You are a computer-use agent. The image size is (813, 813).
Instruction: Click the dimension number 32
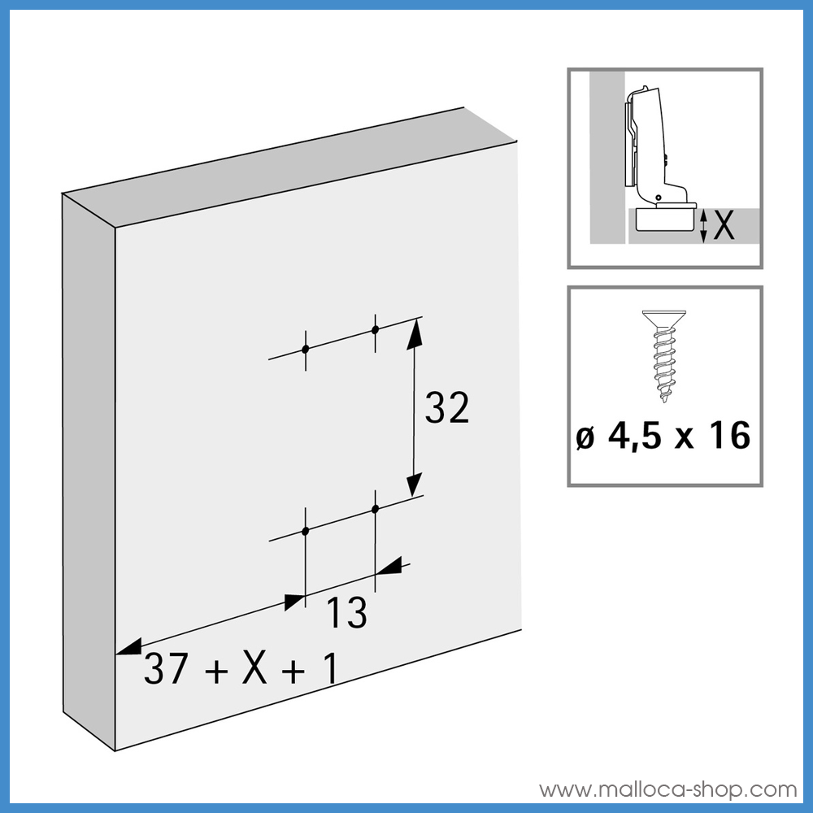(x=447, y=407)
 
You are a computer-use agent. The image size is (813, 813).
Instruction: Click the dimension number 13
(x=346, y=613)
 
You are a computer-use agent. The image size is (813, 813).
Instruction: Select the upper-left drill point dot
(x=306, y=349)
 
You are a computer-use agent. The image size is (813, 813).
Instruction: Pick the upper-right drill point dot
(x=376, y=329)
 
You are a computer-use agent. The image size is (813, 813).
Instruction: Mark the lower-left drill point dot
(x=306, y=530)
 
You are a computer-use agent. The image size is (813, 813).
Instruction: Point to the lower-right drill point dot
(x=376, y=509)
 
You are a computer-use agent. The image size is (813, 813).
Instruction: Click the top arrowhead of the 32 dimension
(x=415, y=334)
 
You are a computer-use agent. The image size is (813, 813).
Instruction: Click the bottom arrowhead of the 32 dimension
(x=414, y=485)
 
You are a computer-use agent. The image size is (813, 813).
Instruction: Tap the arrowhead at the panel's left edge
(x=128, y=647)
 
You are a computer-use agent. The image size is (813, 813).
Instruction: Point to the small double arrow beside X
(x=703, y=226)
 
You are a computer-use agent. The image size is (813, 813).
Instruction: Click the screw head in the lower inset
(x=663, y=318)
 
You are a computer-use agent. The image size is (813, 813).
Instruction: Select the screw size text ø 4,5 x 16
(x=663, y=436)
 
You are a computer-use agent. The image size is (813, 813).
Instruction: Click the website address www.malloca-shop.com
(x=667, y=789)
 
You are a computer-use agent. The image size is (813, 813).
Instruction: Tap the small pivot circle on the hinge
(x=658, y=198)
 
